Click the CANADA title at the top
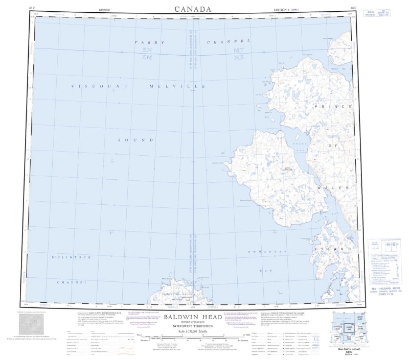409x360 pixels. (193, 9)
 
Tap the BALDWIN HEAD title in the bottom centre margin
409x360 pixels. (193, 317)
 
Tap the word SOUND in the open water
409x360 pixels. (135, 139)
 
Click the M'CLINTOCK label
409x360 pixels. (71, 256)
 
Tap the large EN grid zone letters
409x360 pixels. (147, 51)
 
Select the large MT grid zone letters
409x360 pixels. (238, 51)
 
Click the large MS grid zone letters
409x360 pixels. (238, 58)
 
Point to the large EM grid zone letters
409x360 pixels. (147, 58)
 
